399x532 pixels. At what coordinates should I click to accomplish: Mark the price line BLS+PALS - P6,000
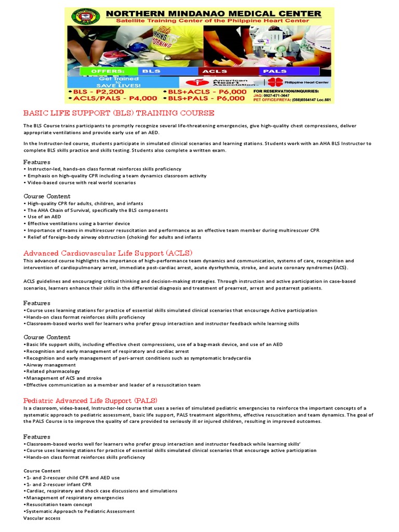tap(203, 98)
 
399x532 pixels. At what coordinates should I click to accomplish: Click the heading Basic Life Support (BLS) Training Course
tap(118, 113)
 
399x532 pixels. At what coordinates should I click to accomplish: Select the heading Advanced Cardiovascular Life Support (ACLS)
tap(108, 252)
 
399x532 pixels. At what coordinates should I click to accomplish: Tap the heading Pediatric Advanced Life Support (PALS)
tap(90, 400)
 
